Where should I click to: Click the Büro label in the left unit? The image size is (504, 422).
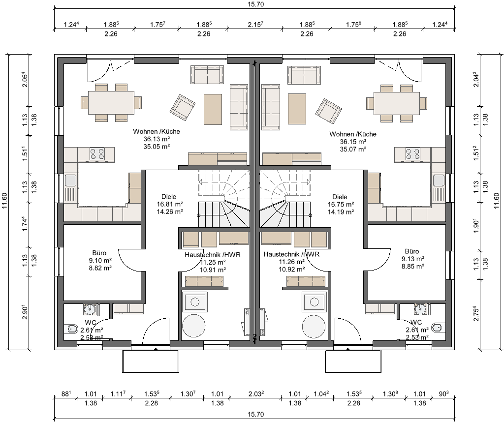[x=99, y=253]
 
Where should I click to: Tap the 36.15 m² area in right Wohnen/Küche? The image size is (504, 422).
[x=353, y=142]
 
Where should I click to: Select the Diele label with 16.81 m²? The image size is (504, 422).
[x=169, y=197]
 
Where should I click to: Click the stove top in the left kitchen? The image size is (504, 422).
[x=97, y=153]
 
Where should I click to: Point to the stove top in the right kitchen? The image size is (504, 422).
[x=413, y=153]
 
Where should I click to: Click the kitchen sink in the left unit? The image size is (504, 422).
[x=70, y=181]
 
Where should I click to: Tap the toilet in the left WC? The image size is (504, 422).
[x=72, y=329]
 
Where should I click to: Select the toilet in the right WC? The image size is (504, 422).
[x=437, y=328]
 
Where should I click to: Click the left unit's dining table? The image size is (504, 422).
[x=111, y=103]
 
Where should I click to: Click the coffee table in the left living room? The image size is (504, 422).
[x=213, y=109]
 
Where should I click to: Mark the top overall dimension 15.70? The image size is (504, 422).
[x=256, y=4]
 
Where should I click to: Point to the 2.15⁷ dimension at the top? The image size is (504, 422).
[x=255, y=25]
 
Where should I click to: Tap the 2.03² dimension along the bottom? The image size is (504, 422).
[x=256, y=394]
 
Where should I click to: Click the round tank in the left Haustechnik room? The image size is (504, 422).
[x=194, y=326]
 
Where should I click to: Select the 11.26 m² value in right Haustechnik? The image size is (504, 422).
[x=292, y=262]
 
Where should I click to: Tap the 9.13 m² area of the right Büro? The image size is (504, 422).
[x=413, y=259]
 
